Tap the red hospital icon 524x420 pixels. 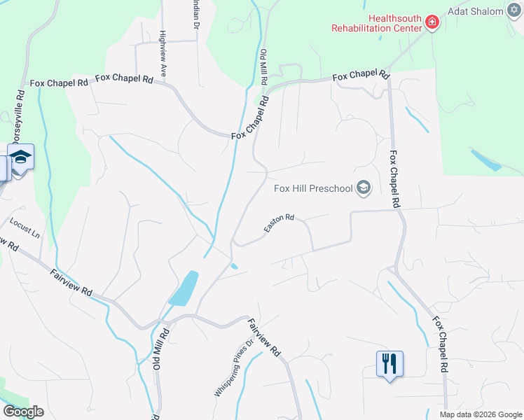[433, 23]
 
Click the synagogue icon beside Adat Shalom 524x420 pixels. [515, 11]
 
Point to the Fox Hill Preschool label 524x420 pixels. [312, 188]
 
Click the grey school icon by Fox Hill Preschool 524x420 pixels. [363, 188]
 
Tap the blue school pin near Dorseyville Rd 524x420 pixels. [21, 158]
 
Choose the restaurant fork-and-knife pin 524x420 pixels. [389, 363]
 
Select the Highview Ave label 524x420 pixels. [163, 43]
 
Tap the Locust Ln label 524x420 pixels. [25, 228]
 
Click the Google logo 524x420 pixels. [23, 412]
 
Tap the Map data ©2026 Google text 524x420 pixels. [481, 414]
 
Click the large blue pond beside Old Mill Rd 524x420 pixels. [184, 288]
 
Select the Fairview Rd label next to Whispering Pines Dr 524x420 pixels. [265, 338]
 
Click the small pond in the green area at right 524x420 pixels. [485, 160]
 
